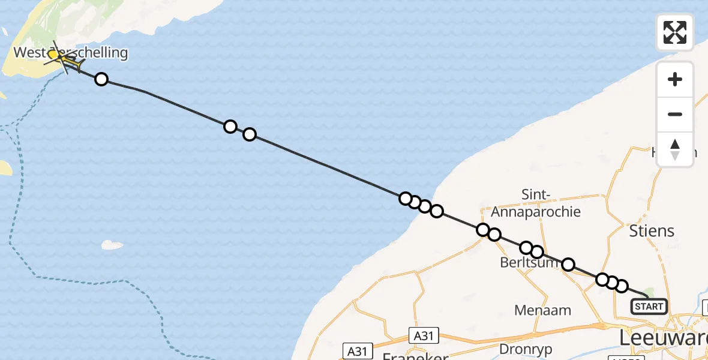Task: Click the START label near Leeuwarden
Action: click(x=649, y=307)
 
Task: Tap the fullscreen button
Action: click(x=675, y=32)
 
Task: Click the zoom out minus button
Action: click(x=675, y=114)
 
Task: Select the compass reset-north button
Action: click(x=675, y=149)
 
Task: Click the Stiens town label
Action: click(x=652, y=231)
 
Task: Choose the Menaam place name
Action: click(x=543, y=310)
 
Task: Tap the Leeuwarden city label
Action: click(x=663, y=339)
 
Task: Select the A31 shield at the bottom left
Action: click(x=358, y=350)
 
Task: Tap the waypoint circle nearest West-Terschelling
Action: click(x=101, y=79)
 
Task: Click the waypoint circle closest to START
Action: click(x=622, y=286)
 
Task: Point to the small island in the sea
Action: click(x=112, y=245)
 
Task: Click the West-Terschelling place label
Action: click(x=71, y=53)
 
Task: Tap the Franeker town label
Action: click(x=416, y=356)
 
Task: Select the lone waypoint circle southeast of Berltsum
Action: click(x=568, y=265)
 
